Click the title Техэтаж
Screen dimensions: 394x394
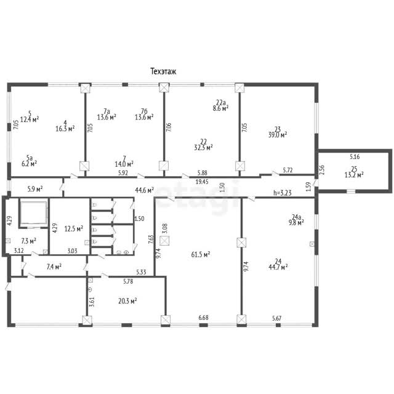[163, 71]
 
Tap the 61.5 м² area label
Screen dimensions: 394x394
[201, 254]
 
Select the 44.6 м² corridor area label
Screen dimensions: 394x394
[145, 190]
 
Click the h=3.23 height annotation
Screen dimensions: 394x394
[283, 193]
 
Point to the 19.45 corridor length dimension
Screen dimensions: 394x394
[202, 182]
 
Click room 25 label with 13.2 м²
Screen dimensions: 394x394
[354, 172]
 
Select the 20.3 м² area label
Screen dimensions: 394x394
[127, 301]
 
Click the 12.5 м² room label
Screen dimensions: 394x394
[74, 229]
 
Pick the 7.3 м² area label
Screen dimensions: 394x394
[29, 241]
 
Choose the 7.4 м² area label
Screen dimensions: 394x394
[54, 267]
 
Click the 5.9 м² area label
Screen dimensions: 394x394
[35, 189]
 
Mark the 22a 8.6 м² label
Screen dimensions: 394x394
[220, 105]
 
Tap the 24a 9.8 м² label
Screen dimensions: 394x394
[296, 220]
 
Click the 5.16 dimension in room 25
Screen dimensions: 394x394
[355, 157]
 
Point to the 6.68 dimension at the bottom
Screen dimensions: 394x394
[203, 318]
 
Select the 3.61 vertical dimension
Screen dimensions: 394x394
[92, 302]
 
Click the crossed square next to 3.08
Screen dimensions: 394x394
[164, 241]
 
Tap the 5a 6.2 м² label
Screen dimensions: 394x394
[30, 161]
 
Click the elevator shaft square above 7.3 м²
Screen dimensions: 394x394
[33, 213]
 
